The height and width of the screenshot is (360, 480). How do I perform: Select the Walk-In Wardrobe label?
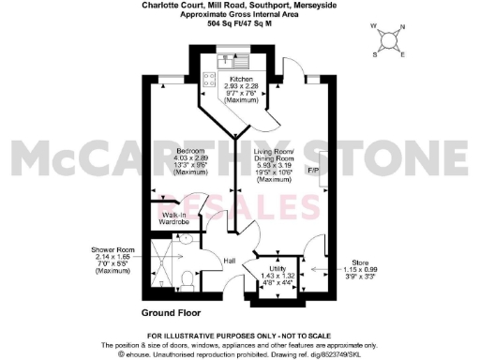[x=174, y=218]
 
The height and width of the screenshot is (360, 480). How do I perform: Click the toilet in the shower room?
[x=188, y=278]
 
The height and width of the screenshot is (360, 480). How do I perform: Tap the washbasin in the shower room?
[x=186, y=240]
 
